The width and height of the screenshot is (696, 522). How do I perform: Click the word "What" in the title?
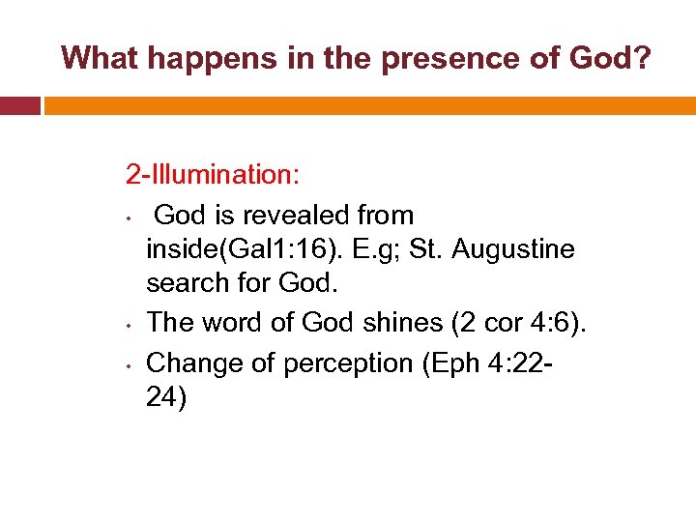98,58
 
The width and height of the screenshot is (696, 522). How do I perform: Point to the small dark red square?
19,104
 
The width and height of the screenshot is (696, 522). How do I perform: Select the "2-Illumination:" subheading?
213,175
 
